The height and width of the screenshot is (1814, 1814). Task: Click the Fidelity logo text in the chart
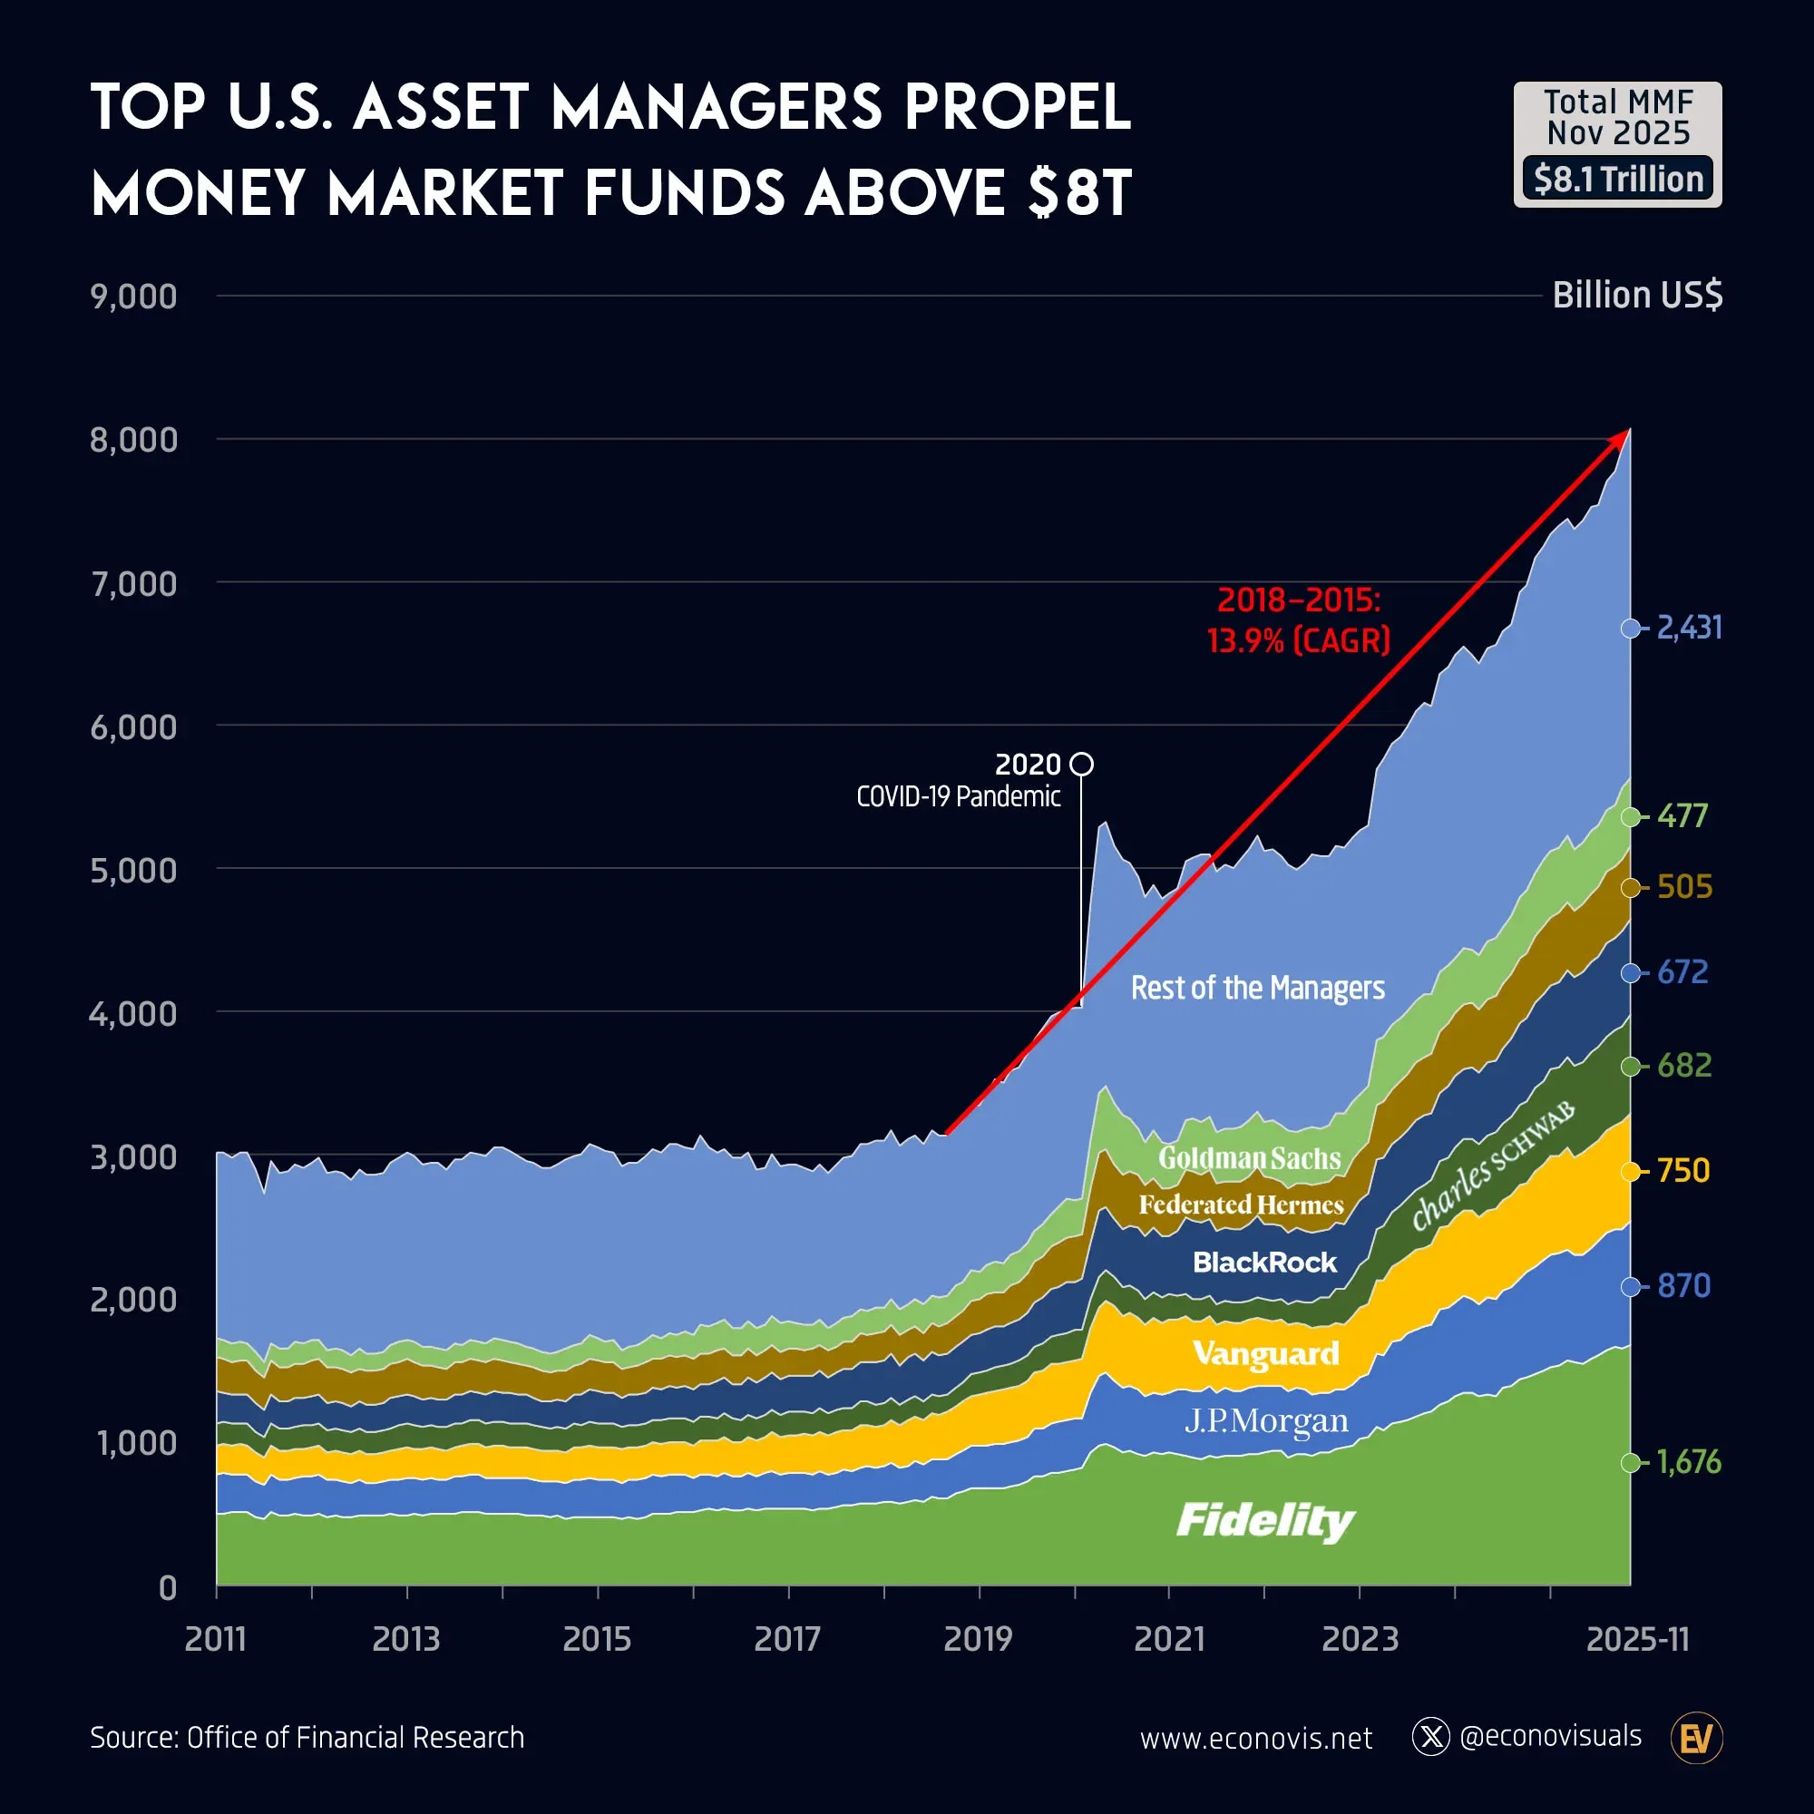click(x=1264, y=1520)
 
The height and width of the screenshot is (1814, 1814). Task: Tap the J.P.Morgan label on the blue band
click(x=1265, y=1420)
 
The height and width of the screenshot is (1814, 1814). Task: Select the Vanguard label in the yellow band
click(x=1265, y=1353)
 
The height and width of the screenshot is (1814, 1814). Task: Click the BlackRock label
click(x=1263, y=1262)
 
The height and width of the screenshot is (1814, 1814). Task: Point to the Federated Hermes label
click(x=1240, y=1204)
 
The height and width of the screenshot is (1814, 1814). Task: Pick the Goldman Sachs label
click(x=1249, y=1157)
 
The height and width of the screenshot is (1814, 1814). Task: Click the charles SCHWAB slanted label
click(x=1493, y=1167)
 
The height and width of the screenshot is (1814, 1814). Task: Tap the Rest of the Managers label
click(x=1256, y=988)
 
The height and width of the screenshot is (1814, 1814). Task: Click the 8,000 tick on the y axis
click(x=133, y=439)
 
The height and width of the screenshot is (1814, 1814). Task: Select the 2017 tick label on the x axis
click(x=786, y=1639)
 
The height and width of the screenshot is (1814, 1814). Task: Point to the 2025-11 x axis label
click(x=1636, y=1639)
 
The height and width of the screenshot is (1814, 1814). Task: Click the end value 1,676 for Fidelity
click(x=1687, y=1462)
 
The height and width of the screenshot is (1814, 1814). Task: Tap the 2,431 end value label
click(x=1688, y=628)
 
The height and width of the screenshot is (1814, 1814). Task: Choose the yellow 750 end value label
click(x=1682, y=1171)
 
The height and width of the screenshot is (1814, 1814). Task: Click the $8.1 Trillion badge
click(x=1617, y=179)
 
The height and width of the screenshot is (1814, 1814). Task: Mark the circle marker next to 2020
click(x=1082, y=764)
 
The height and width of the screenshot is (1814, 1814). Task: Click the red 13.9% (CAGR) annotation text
click(x=1298, y=640)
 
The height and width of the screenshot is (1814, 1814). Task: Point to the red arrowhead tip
click(x=1627, y=432)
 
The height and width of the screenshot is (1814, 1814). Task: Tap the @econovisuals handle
click(x=1550, y=1736)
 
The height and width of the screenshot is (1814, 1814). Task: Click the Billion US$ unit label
click(x=1636, y=295)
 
